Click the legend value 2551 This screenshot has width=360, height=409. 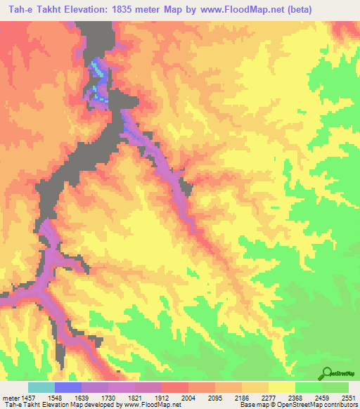coord(347,398)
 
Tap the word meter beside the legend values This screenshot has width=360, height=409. coord(10,398)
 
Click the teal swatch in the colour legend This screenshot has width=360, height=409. coord(41,387)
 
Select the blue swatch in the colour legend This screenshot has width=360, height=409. coord(68,387)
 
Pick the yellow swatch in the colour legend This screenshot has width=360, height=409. coord(282,387)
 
